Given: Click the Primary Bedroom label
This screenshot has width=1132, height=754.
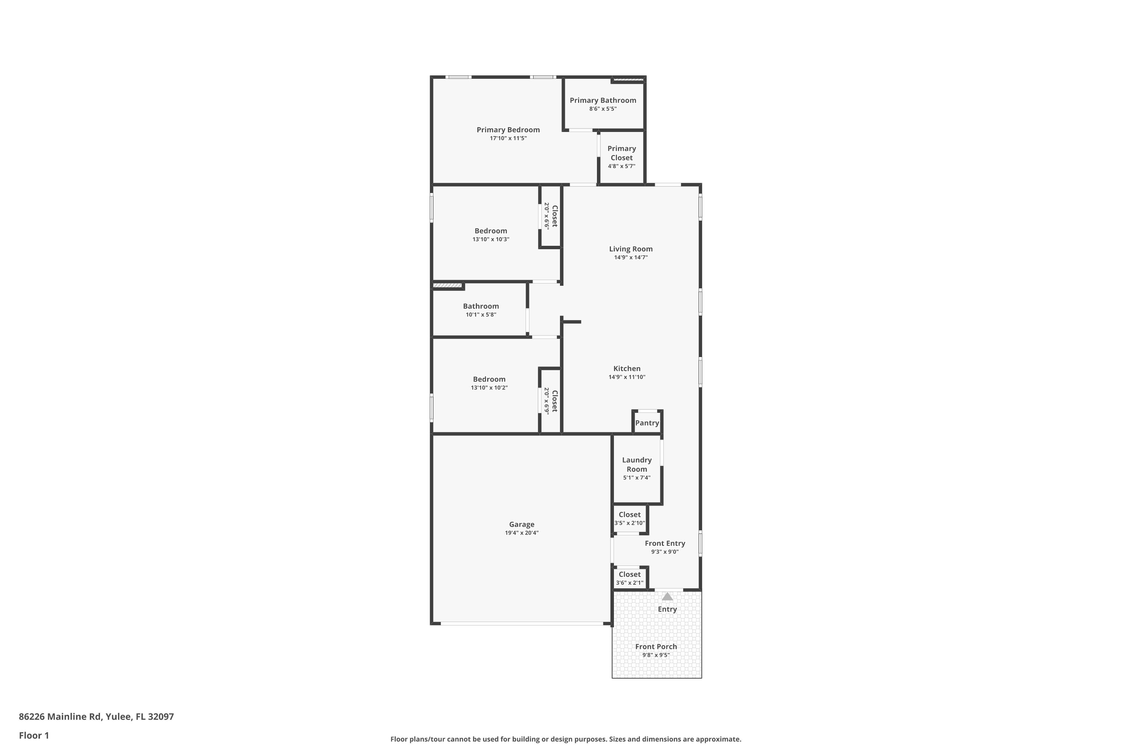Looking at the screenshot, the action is (x=508, y=130).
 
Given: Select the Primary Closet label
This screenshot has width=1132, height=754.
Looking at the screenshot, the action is (x=621, y=153).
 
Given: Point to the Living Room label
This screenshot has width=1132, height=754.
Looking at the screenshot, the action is (x=631, y=249).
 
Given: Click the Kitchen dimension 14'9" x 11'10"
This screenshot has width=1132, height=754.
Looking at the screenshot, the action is (x=627, y=377).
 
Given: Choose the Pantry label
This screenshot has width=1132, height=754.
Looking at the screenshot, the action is (x=647, y=423).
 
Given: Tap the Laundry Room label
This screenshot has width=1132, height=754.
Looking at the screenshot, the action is (x=637, y=464).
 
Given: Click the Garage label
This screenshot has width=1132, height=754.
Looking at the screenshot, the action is (x=522, y=525).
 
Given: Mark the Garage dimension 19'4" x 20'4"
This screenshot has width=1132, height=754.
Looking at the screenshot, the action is (x=522, y=533).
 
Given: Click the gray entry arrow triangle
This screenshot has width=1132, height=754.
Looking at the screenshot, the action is (x=667, y=597).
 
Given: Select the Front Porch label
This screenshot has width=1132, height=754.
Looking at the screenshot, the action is (x=656, y=647).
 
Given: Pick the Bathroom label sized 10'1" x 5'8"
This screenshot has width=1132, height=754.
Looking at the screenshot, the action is (x=481, y=306).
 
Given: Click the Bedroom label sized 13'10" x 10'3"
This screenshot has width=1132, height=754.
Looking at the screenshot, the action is (x=491, y=231).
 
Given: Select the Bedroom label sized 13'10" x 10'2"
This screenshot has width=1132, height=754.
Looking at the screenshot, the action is (x=489, y=379).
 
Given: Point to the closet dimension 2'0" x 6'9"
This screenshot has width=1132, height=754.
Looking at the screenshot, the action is (x=546, y=401).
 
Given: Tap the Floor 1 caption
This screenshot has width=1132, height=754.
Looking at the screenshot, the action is (x=34, y=735).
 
